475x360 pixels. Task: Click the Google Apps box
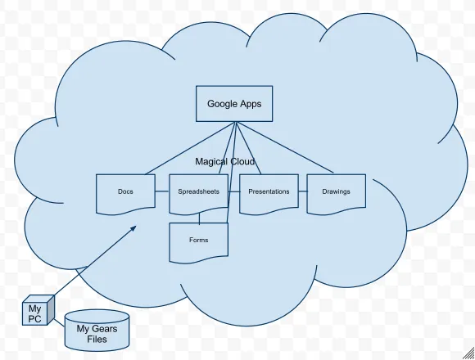coord(234,104)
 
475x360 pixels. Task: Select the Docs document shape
coord(125,194)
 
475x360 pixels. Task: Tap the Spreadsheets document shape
coord(198,194)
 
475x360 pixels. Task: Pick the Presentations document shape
coord(269,194)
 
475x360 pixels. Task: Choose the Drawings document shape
coord(337,194)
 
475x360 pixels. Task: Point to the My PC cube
coord(38,310)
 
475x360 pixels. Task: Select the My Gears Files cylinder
coord(97,330)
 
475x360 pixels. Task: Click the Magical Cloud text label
coord(224,161)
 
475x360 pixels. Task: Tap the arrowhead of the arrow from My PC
coord(133,228)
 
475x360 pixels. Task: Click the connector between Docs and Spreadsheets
coord(162,191)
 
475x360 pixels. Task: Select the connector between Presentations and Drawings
coord(303,191)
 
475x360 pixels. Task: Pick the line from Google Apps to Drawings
coord(285,147)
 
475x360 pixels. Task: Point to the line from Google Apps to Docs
coord(190,148)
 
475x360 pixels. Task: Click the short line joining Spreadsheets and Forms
coord(199,219)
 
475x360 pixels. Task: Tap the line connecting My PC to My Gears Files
coord(59,322)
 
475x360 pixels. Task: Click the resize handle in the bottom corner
coord(469,354)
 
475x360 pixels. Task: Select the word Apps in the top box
coord(251,104)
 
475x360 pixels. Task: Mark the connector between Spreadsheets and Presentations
coord(234,191)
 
